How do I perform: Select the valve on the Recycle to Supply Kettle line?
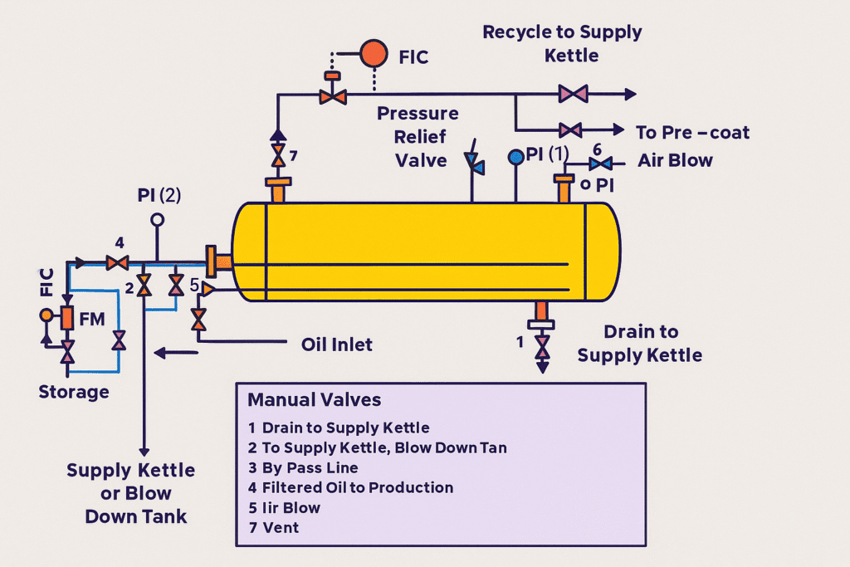pyautogui.click(x=573, y=94)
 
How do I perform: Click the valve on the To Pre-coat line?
pyautogui.click(x=570, y=130)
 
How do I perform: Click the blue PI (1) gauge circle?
pyautogui.click(x=515, y=156)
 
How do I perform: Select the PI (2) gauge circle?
pyautogui.click(x=157, y=220)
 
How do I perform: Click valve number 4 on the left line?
pyautogui.click(x=118, y=262)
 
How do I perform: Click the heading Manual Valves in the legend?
pyautogui.click(x=314, y=399)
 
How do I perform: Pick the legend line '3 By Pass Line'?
pyautogui.click(x=303, y=467)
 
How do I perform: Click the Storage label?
pyautogui.click(x=74, y=391)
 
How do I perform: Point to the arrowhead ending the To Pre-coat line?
pyautogui.click(x=617, y=130)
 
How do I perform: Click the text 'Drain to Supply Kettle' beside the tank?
pyautogui.click(x=640, y=344)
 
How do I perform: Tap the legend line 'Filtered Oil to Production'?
pyautogui.click(x=357, y=487)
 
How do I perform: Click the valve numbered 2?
pyautogui.click(x=144, y=286)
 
